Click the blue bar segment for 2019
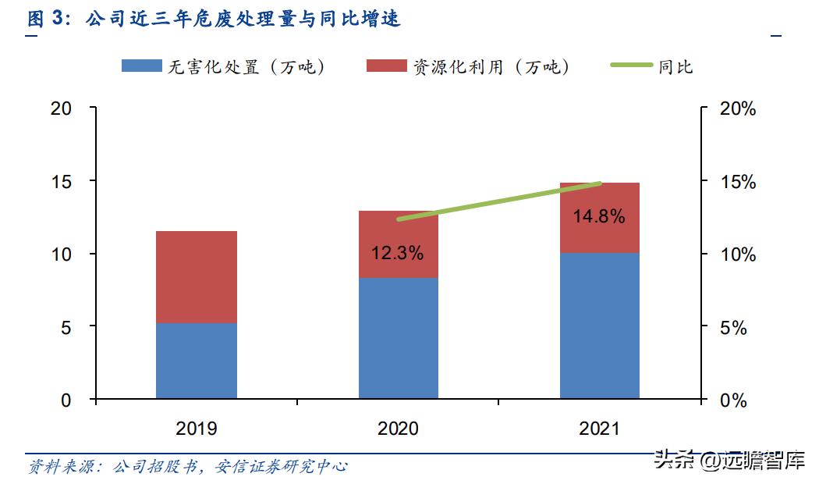pyautogui.click(x=197, y=361)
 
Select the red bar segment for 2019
pyautogui.click(x=197, y=277)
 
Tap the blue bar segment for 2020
pyautogui.click(x=399, y=338)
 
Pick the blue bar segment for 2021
pyautogui.click(x=600, y=326)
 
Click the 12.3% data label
pyautogui.click(x=399, y=253)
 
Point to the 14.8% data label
pyautogui.click(x=600, y=217)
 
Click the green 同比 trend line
pyautogui.click(x=499, y=201)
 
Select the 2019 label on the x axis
pyautogui.click(x=197, y=429)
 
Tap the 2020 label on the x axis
pyautogui.click(x=399, y=429)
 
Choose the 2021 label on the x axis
pyautogui.click(x=600, y=429)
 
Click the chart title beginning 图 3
pyautogui.click(x=214, y=19)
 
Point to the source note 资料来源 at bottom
pyautogui.click(x=187, y=467)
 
